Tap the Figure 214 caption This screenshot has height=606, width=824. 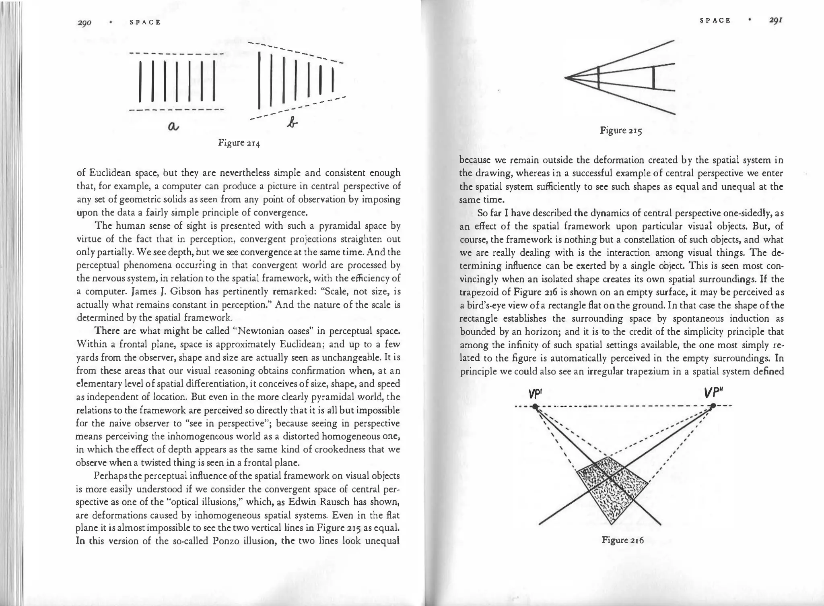(x=239, y=143)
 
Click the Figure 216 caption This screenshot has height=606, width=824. (x=622, y=540)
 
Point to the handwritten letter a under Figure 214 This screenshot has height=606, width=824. (x=173, y=126)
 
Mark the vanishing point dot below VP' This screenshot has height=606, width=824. (x=535, y=407)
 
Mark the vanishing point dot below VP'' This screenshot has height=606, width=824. (x=713, y=405)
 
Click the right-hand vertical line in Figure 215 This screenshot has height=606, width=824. (x=653, y=78)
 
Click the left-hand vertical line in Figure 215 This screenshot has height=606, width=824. (x=599, y=78)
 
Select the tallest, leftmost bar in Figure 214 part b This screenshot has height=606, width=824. (x=260, y=81)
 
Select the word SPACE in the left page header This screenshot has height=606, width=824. (x=145, y=23)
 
